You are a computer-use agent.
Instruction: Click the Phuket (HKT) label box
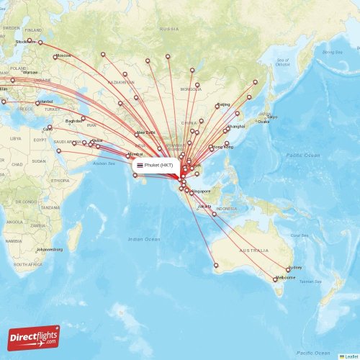[x=154, y=166]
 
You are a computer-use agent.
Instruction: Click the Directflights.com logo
[x=34, y=337]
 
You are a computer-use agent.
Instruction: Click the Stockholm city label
[x=26, y=42]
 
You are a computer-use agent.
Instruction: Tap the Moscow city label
[x=63, y=56]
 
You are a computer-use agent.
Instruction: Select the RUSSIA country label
[x=169, y=29]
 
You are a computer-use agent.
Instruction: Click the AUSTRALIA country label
[x=253, y=250]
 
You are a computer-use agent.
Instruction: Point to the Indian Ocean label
[x=144, y=238]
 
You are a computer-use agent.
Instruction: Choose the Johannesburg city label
[x=49, y=249]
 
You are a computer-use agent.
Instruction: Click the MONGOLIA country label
[x=191, y=89]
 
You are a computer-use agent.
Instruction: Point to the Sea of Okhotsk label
[x=282, y=62]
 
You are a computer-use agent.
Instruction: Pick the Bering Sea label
[x=333, y=53]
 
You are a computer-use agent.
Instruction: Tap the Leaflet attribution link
[x=350, y=356]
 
